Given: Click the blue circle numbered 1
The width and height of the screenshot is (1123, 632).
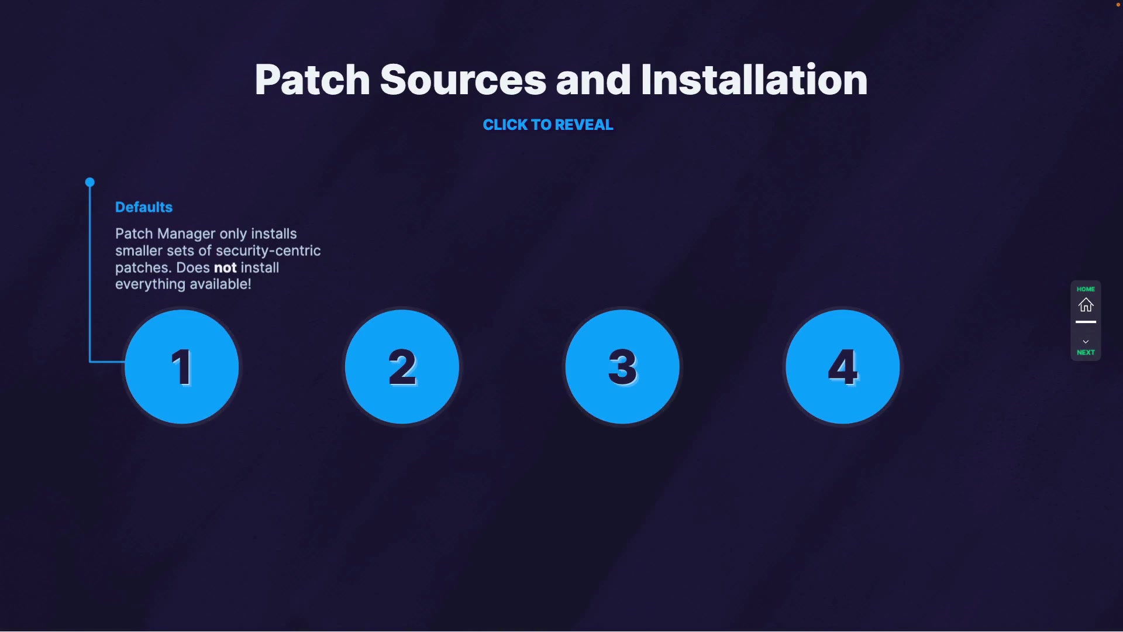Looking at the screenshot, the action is pos(182,367).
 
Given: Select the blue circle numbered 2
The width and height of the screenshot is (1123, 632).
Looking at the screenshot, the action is pos(402,367).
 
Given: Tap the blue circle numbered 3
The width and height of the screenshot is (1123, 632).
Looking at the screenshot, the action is pos(622,367).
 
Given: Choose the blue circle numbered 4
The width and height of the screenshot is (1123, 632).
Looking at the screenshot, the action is pos(842,367).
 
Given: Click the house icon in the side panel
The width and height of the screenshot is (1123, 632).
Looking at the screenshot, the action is pos(1086,305).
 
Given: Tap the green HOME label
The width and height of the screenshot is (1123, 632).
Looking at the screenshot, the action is pos(1086,289).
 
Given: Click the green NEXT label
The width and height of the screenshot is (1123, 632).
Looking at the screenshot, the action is pos(1086,352).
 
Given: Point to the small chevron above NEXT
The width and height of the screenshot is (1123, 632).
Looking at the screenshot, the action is pos(1086,342).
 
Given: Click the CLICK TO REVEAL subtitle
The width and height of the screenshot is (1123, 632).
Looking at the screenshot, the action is pos(548,125).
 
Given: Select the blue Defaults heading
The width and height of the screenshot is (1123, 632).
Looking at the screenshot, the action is pos(144,207).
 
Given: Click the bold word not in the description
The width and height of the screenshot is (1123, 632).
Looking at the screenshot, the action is pos(225,268).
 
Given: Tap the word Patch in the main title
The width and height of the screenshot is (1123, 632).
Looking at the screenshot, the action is pos(312,80).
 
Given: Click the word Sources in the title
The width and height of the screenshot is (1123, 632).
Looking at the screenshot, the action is pos(463,80).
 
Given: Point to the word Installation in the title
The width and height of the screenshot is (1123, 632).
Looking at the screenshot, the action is pos(754,80).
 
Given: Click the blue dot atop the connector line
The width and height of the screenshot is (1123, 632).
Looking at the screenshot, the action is pos(89,183).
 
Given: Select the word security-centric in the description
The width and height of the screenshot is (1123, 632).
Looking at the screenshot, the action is pos(268,251).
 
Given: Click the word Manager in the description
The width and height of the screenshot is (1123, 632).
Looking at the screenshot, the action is pos(186,234).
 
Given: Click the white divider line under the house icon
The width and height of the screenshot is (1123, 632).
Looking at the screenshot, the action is pos(1086,322).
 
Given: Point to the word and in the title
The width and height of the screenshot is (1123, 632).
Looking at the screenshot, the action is pos(593,80).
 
